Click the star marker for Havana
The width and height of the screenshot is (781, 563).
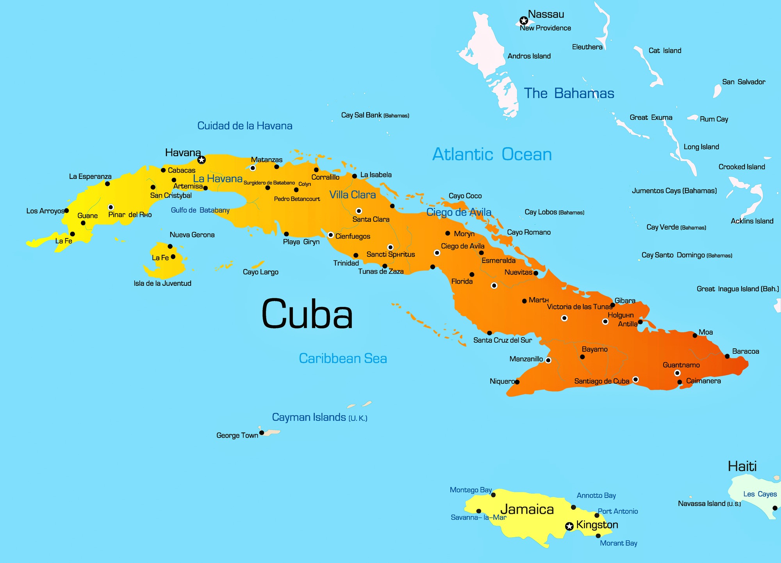(x=201, y=160)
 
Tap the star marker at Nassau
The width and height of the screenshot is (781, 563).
(x=524, y=21)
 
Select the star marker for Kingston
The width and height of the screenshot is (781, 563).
(x=569, y=526)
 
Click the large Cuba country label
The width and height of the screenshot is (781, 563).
(x=307, y=314)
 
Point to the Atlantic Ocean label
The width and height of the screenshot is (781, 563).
(x=492, y=155)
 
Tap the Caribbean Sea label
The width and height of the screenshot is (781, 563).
(x=343, y=358)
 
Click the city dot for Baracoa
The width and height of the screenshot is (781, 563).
(x=727, y=356)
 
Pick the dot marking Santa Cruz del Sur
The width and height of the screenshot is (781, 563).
(x=489, y=333)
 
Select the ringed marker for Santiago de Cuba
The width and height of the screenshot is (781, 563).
(x=635, y=379)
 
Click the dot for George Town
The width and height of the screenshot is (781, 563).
(x=262, y=433)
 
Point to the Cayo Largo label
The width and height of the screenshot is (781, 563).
(x=260, y=272)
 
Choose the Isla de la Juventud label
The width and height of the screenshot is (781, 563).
(x=162, y=283)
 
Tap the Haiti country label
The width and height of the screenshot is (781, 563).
(x=742, y=466)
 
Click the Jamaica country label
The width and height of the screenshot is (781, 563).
(x=527, y=510)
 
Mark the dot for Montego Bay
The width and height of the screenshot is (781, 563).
(x=493, y=495)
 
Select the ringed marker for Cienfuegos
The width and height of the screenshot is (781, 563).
(x=330, y=235)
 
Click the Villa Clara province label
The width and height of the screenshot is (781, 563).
(x=352, y=195)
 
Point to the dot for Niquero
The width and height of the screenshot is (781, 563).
(x=517, y=382)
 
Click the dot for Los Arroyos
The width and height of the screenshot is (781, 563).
(x=66, y=210)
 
